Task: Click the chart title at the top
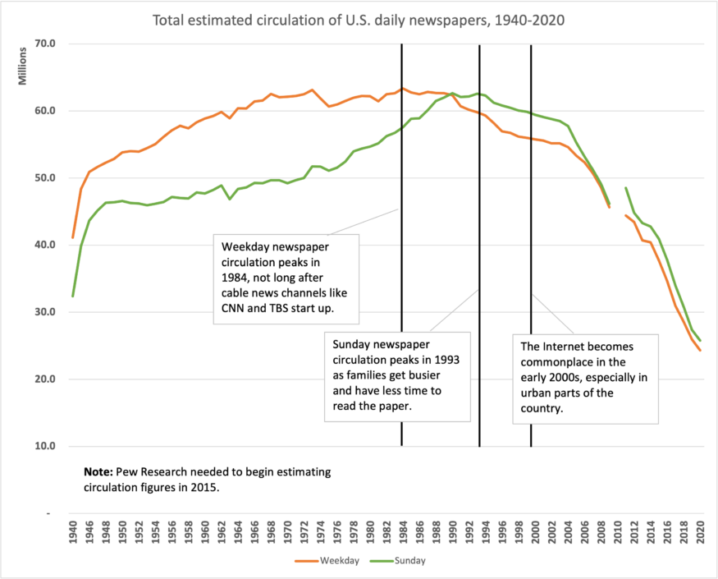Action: point(359,18)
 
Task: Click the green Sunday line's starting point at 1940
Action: point(74,296)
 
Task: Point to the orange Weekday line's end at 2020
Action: point(700,351)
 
